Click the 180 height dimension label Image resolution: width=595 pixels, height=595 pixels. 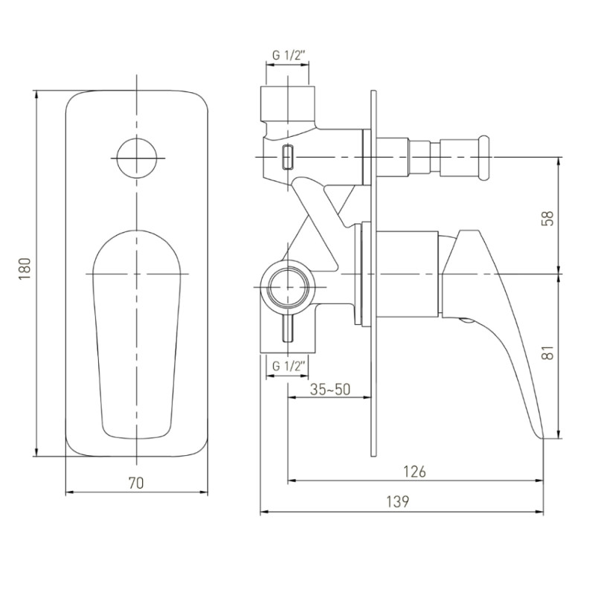point(25,269)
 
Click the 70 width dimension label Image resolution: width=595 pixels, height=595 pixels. point(136,483)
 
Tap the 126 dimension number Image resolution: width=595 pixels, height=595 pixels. point(414,472)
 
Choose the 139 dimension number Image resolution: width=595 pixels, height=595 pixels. point(398,501)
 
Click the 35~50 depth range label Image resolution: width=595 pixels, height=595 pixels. point(330,389)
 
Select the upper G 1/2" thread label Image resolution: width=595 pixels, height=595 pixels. point(289,56)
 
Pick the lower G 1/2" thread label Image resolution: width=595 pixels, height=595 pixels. point(289,367)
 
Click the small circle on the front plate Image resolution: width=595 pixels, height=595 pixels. point(137,158)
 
